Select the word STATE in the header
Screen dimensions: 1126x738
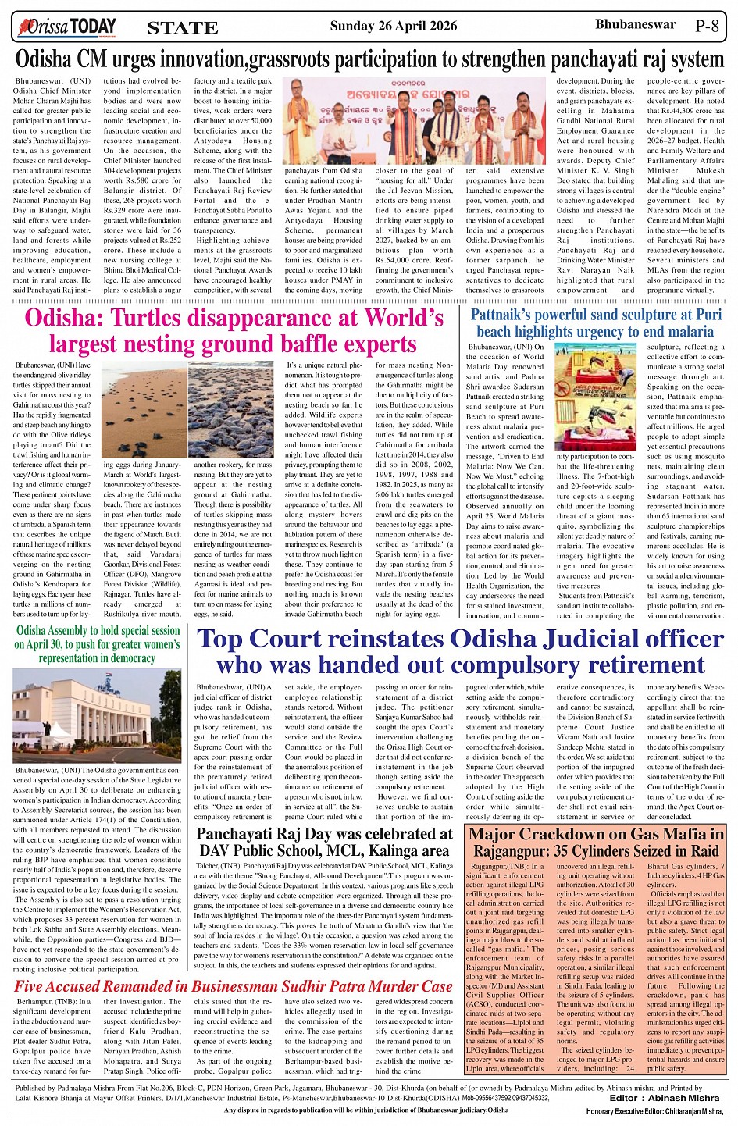tap(182, 28)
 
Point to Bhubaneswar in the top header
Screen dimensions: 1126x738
tap(635, 24)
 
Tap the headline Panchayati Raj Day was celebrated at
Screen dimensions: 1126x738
tap(324, 833)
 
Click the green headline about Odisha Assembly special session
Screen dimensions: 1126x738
tap(98, 643)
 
